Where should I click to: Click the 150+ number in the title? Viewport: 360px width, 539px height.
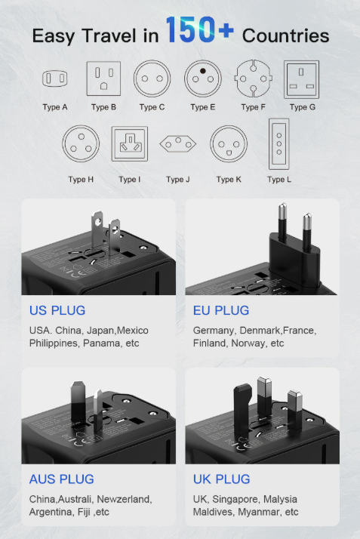[x=200, y=32]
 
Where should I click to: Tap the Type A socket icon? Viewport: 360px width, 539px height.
[x=55, y=78]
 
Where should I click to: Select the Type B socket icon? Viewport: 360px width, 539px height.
[x=103, y=78]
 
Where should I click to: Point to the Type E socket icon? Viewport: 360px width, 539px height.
[x=202, y=78]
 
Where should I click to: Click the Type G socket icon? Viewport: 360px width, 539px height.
[x=302, y=78]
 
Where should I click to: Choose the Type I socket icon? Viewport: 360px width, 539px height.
[x=130, y=143]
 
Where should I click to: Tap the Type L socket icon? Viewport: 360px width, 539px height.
[x=278, y=143]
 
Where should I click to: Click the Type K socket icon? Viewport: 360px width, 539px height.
[x=228, y=143]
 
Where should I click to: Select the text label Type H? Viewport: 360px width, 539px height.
[x=81, y=180]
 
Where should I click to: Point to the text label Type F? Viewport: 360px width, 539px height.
[x=254, y=107]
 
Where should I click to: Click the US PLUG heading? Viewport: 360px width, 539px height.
[x=57, y=310]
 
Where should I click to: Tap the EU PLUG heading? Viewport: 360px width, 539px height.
[x=221, y=310]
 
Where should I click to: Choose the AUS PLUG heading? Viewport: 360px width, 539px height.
[x=62, y=479]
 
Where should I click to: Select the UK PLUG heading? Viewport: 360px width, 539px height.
[x=221, y=479]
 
